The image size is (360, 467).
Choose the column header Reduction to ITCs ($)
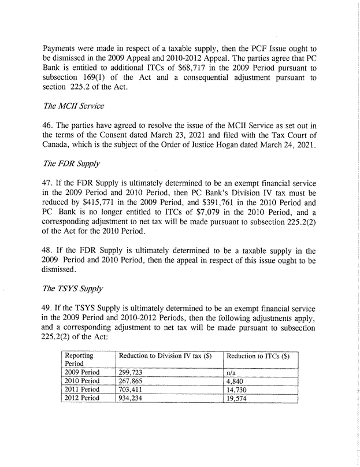tap(257, 356)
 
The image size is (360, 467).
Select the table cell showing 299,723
tap(130, 372)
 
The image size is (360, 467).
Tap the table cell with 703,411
tap(130, 390)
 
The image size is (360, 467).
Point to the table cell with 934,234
tap(130, 399)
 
